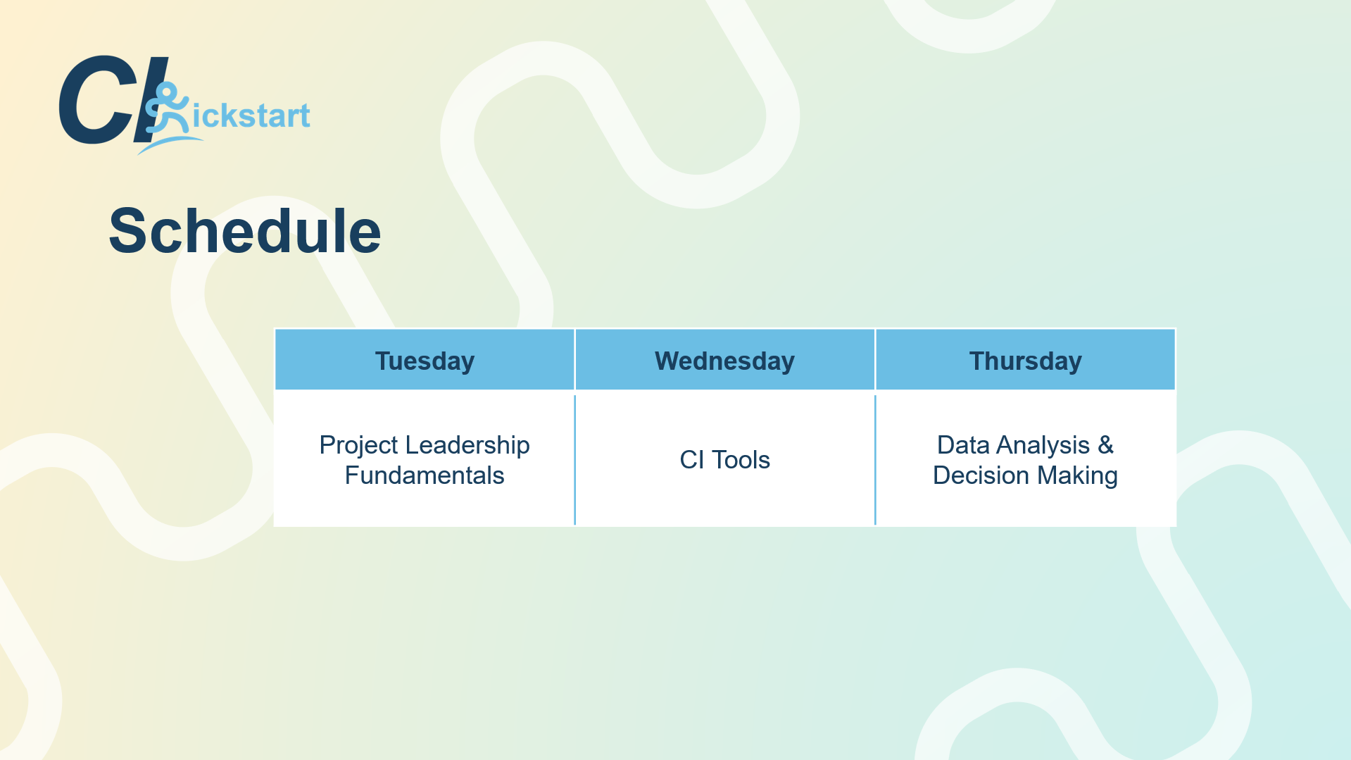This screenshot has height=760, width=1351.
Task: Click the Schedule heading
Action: [245, 231]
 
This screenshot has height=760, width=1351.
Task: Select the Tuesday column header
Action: [425, 361]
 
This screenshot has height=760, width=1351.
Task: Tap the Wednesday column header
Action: [724, 361]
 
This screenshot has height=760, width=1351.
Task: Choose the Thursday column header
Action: [1025, 361]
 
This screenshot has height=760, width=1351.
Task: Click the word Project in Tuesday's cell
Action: [359, 445]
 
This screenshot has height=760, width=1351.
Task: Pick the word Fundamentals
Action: [425, 475]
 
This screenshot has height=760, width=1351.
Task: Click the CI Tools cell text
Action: [724, 460]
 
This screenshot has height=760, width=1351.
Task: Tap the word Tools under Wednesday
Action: [741, 460]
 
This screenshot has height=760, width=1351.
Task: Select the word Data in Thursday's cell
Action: [963, 445]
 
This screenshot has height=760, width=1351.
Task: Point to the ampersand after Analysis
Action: [1106, 445]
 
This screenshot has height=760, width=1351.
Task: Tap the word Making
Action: [1077, 476]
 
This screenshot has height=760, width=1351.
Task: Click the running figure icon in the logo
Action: [167, 109]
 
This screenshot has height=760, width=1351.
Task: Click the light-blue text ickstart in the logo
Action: [251, 116]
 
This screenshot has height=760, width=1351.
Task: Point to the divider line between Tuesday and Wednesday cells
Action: [575, 460]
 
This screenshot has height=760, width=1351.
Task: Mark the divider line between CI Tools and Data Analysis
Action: [875, 460]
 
